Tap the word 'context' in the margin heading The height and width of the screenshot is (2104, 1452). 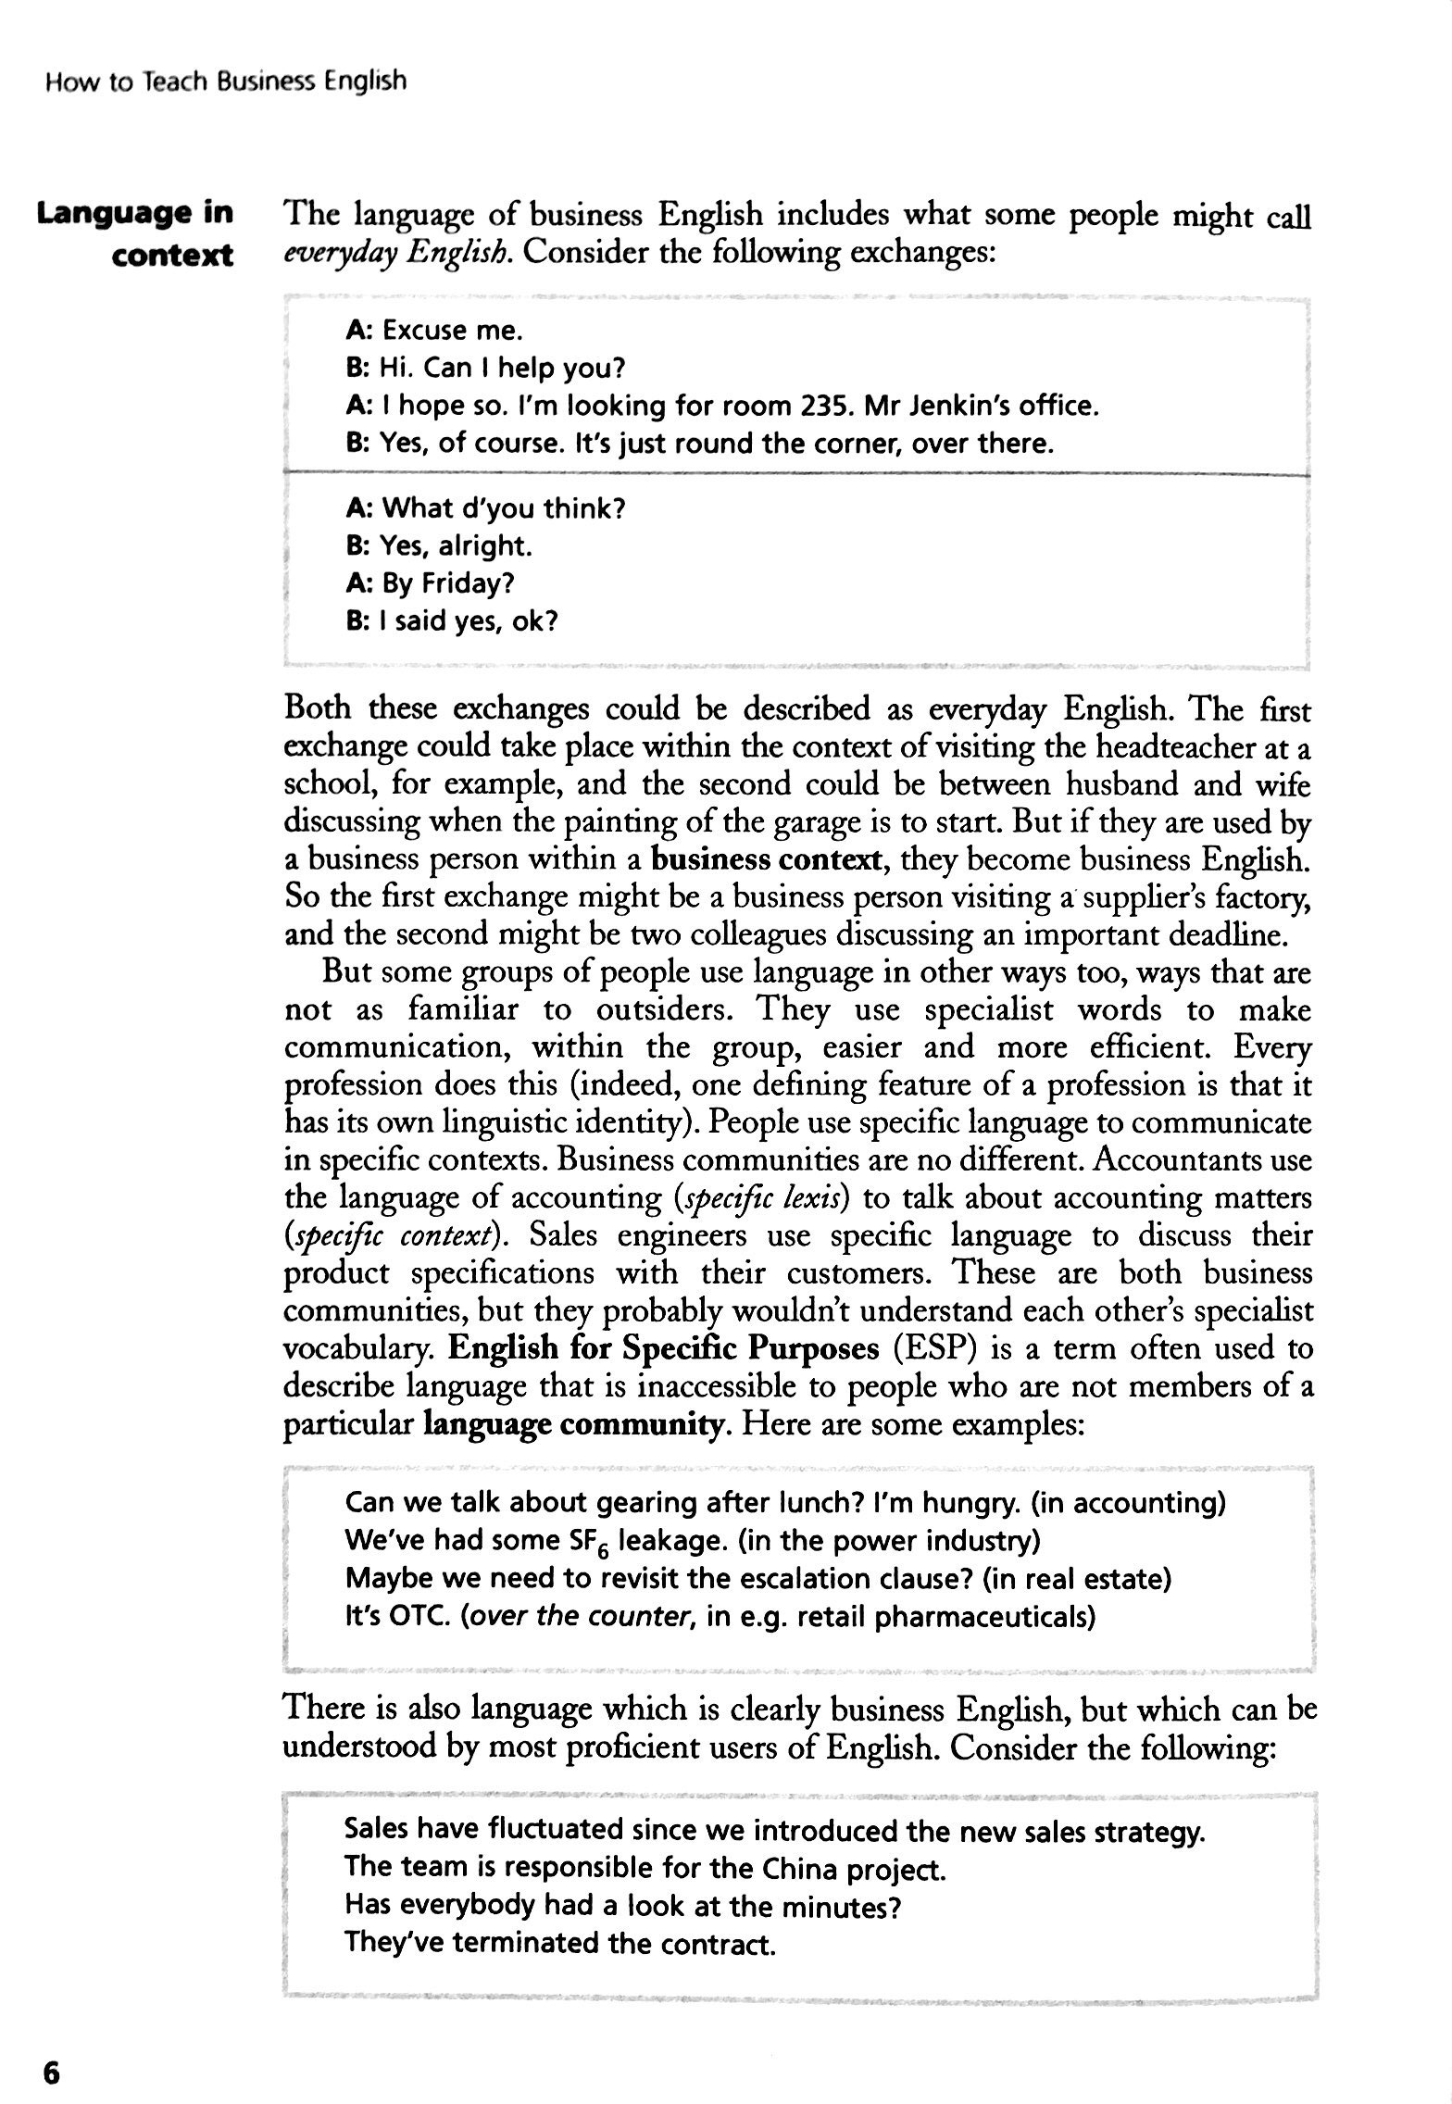coord(172,256)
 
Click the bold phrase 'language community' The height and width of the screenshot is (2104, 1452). coord(573,1424)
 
